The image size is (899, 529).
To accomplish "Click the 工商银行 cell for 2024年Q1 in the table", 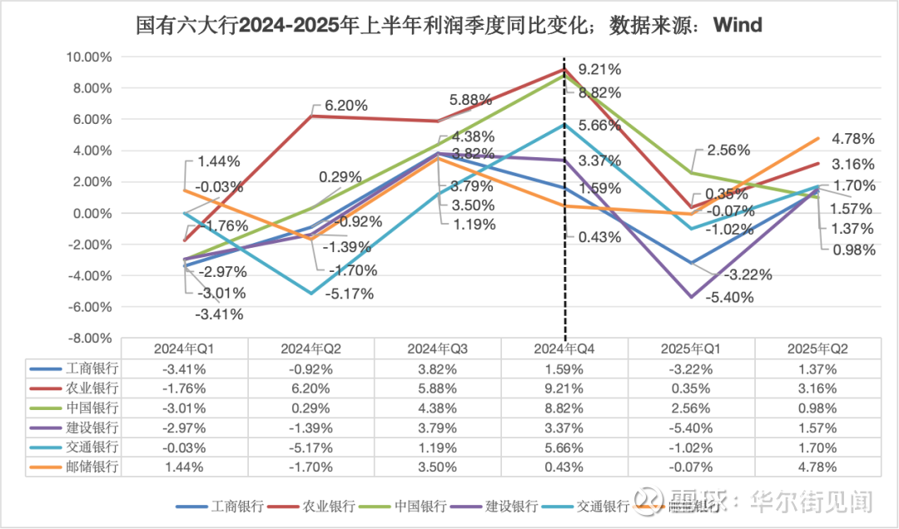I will tap(185, 368).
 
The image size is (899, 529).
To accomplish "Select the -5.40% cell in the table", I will tap(691, 428).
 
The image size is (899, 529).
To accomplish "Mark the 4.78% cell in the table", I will tap(817, 467).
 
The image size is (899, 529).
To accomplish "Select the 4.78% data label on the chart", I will tap(853, 140).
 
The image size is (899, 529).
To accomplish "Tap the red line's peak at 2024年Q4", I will tap(565, 70).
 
